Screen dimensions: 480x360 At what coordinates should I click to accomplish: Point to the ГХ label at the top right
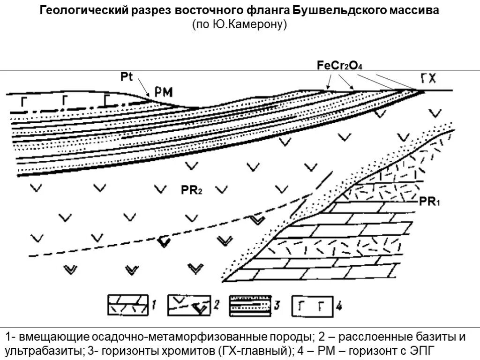pyautogui.click(x=428, y=78)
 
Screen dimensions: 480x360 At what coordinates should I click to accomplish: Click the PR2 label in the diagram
pyautogui.click(x=191, y=190)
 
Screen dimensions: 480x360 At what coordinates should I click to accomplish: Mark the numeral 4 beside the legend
pyautogui.click(x=338, y=307)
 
